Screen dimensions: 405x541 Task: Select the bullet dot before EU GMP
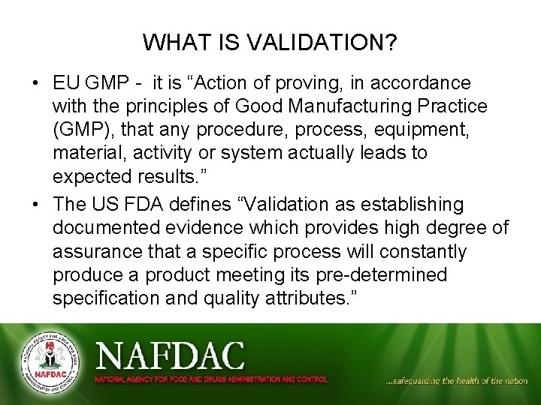click(x=37, y=83)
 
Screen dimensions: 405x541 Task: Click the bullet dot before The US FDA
click(x=37, y=205)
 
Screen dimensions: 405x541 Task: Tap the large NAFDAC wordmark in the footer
click(x=170, y=355)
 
